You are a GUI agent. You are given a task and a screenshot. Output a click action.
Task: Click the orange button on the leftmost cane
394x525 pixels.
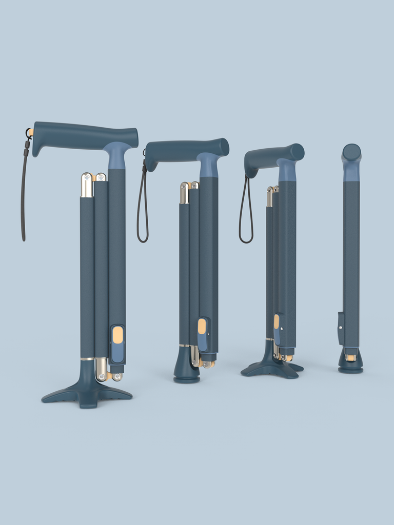point(118,335)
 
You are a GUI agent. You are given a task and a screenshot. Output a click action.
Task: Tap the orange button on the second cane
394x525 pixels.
point(202,326)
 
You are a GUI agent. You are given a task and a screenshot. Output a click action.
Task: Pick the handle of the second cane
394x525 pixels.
point(185,150)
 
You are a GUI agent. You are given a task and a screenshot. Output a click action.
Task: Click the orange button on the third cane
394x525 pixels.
point(277,321)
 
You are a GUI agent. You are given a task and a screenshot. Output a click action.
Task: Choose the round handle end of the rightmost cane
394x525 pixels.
point(351,152)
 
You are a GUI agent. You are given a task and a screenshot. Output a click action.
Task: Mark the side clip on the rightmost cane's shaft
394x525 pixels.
point(340,328)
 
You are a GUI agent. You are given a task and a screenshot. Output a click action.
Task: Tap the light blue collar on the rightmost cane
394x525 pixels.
point(351,173)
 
